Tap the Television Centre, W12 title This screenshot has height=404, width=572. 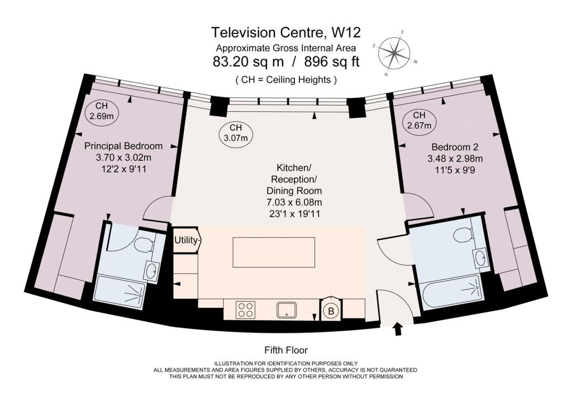click(285, 32)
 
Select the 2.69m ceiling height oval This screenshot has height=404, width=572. click(102, 111)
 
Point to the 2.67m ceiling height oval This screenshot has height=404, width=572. click(419, 120)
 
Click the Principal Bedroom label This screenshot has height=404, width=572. click(123, 146)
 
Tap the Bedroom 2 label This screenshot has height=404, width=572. click(455, 147)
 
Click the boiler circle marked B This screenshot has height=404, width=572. click(331, 311)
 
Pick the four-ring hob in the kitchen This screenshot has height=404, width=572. click(245, 310)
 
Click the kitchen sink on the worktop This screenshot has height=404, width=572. click(287, 310)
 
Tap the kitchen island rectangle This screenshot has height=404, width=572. click(274, 252)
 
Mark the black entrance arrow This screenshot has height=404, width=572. click(398, 329)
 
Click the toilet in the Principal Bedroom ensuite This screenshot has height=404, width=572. click(145, 245)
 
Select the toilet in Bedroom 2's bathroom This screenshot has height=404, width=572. click(463, 235)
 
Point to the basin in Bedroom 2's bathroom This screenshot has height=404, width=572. click(480, 258)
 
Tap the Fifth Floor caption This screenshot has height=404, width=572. click(286, 350)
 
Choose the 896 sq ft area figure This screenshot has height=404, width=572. click(332, 61)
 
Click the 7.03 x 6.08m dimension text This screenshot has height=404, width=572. click(294, 202)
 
